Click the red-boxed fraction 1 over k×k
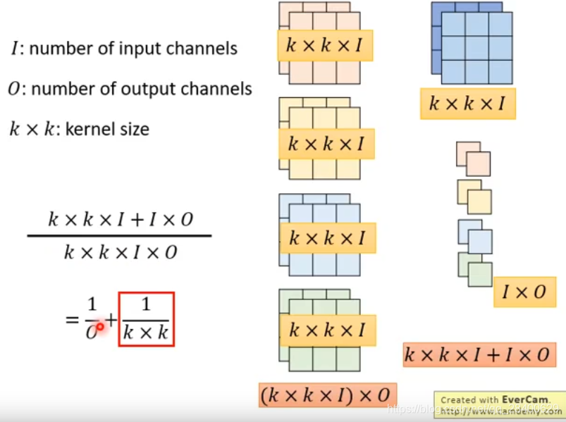(146, 319)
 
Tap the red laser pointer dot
(100, 326)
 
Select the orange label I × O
(524, 292)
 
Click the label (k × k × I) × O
(328, 395)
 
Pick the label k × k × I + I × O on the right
(476, 354)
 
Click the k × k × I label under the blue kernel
(467, 104)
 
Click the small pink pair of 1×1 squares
(473, 159)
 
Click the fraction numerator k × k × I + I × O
(120, 219)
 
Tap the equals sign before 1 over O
(72, 320)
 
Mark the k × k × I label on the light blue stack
(328, 238)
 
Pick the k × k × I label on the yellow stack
(326, 144)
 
